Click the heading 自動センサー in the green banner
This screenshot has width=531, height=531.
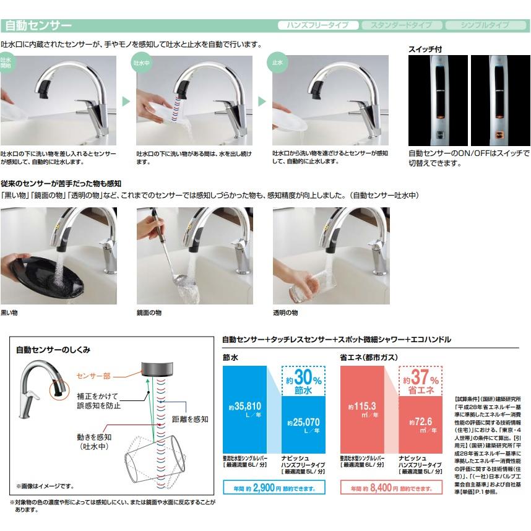(38, 26)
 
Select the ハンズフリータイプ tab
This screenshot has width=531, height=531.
(317, 25)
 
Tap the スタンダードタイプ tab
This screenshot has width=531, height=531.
(401, 25)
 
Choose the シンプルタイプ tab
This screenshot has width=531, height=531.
(485, 25)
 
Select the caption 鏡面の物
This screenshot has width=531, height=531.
(149, 313)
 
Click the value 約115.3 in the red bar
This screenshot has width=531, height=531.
(364, 408)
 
